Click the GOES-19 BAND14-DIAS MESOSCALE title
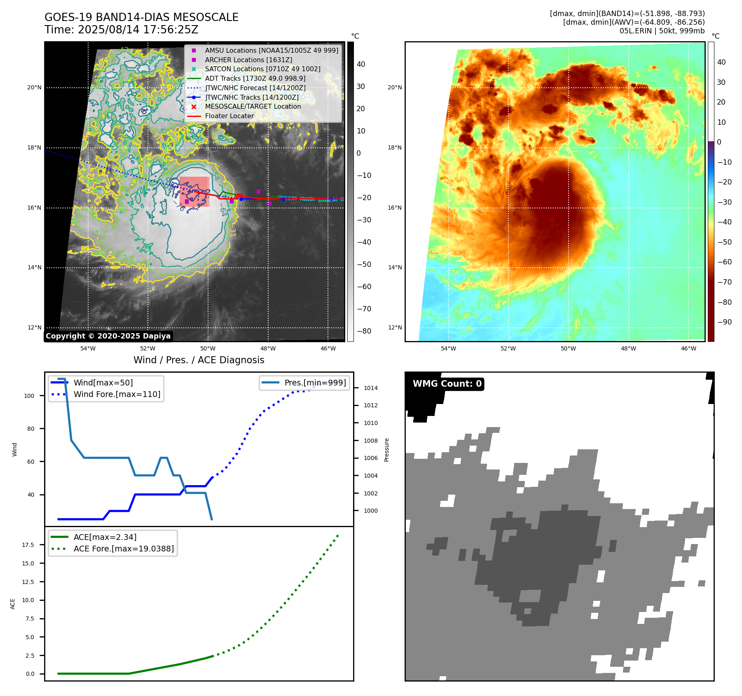tap(141, 17)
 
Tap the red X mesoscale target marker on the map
tap(239, 196)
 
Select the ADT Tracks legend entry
tap(255, 78)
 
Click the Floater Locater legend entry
tap(229, 116)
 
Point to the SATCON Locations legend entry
tap(262, 69)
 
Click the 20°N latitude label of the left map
tap(35, 88)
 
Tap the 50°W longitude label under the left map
tap(208, 348)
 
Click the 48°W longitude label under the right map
tap(628, 348)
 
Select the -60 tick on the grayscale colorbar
tap(364, 287)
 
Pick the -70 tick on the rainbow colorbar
tap(724, 282)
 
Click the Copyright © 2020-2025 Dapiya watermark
tap(108, 336)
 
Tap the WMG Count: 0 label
tap(447, 384)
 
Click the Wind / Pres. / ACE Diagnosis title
tap(199, 360)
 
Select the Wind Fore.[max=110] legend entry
tap(117, 394)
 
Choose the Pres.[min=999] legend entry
tap(315, 383)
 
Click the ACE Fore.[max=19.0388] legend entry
tap(124, 549)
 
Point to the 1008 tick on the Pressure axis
tap(370, 441)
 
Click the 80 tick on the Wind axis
tap(31, 429)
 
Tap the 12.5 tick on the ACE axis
tap(28, 582)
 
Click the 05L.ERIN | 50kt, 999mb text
tap(662, 31)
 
